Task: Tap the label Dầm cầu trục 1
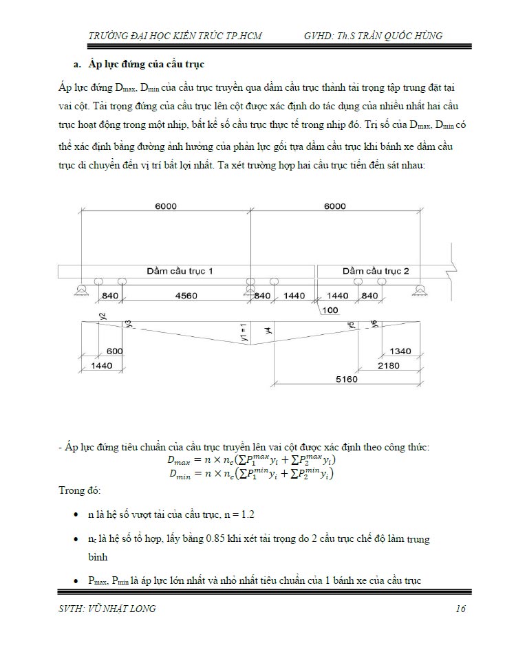click(180, 271)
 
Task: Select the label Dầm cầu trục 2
click(376, 271)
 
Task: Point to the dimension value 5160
click(347, 379)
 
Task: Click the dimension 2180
click(388, 365)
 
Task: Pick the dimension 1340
click(400, 351)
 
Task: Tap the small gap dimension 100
click(330, 310)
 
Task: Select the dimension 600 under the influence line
click(115, 351)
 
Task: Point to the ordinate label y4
click(269, 331)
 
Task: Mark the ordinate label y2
click(103, 316)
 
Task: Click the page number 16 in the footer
click(460, 609)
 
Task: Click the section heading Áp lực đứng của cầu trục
click(147, 64)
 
